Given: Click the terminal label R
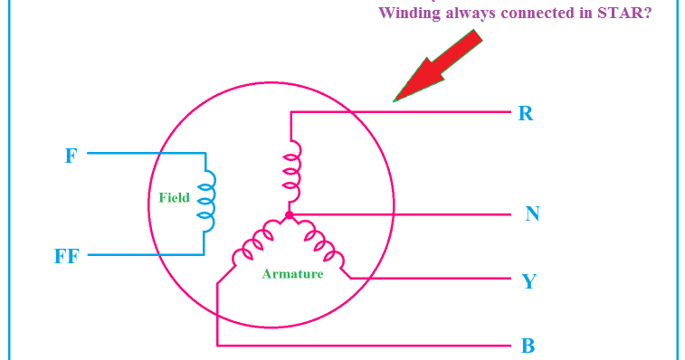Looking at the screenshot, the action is pyautogui.click(x=526, y=115).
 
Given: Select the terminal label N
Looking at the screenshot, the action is pyautogui.click(x=532, y=214).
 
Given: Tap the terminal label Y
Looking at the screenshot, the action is pyautogui.click(x=529, y=281).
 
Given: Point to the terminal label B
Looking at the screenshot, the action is pyautogui.click(x=528, y=346).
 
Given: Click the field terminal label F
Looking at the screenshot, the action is pyautogui.click(x=71, y=156).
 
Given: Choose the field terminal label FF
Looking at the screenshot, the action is pyautogui.click(x=67, y=256).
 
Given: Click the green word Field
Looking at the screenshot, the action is pyautogui.click(x=174, y=197).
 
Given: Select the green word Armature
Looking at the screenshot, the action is pyautogui.click(x=292, y=274).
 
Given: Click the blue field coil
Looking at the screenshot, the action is pyautogui.click(x=209, y=204).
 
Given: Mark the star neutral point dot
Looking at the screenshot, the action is pyautogui.click(x=289, y=215).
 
